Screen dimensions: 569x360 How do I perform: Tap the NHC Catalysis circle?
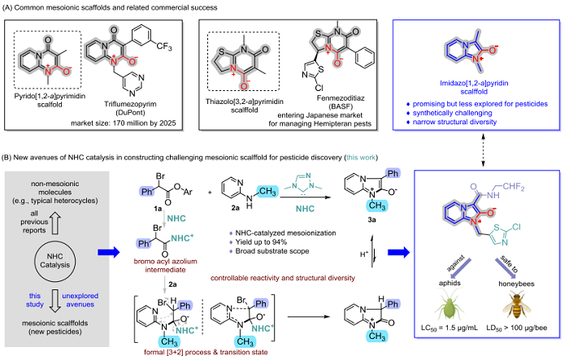coord(54,261)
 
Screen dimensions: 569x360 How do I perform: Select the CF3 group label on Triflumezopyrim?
coord(164,47)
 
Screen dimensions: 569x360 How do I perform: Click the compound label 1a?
coord(158,209)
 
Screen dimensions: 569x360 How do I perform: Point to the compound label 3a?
coord(371,219)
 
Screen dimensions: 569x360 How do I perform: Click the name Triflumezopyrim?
coord(130,104)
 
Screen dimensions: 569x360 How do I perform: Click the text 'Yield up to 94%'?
coord(261,242)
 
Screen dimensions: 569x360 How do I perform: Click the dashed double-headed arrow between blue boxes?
coord(483,150)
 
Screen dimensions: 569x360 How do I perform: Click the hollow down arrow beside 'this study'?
coord(54,301)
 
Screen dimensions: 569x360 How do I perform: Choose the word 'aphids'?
coord(450,283)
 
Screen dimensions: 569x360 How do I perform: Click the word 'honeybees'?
coord(516,284)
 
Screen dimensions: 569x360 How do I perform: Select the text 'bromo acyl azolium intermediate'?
coord(166,265)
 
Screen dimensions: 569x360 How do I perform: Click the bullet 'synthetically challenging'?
coord(452,113)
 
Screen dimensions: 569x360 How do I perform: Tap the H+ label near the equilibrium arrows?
coord(364,254)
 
